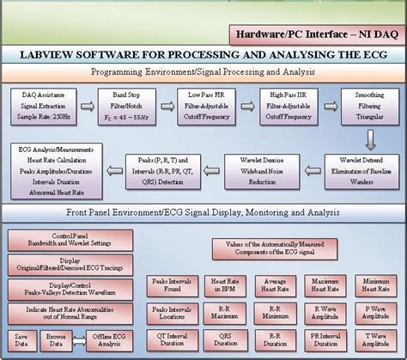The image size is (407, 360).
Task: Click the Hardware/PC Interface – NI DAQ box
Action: point(315,35)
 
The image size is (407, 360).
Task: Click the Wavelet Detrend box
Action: point(359,169)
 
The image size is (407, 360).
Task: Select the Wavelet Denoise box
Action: point(264,169)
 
